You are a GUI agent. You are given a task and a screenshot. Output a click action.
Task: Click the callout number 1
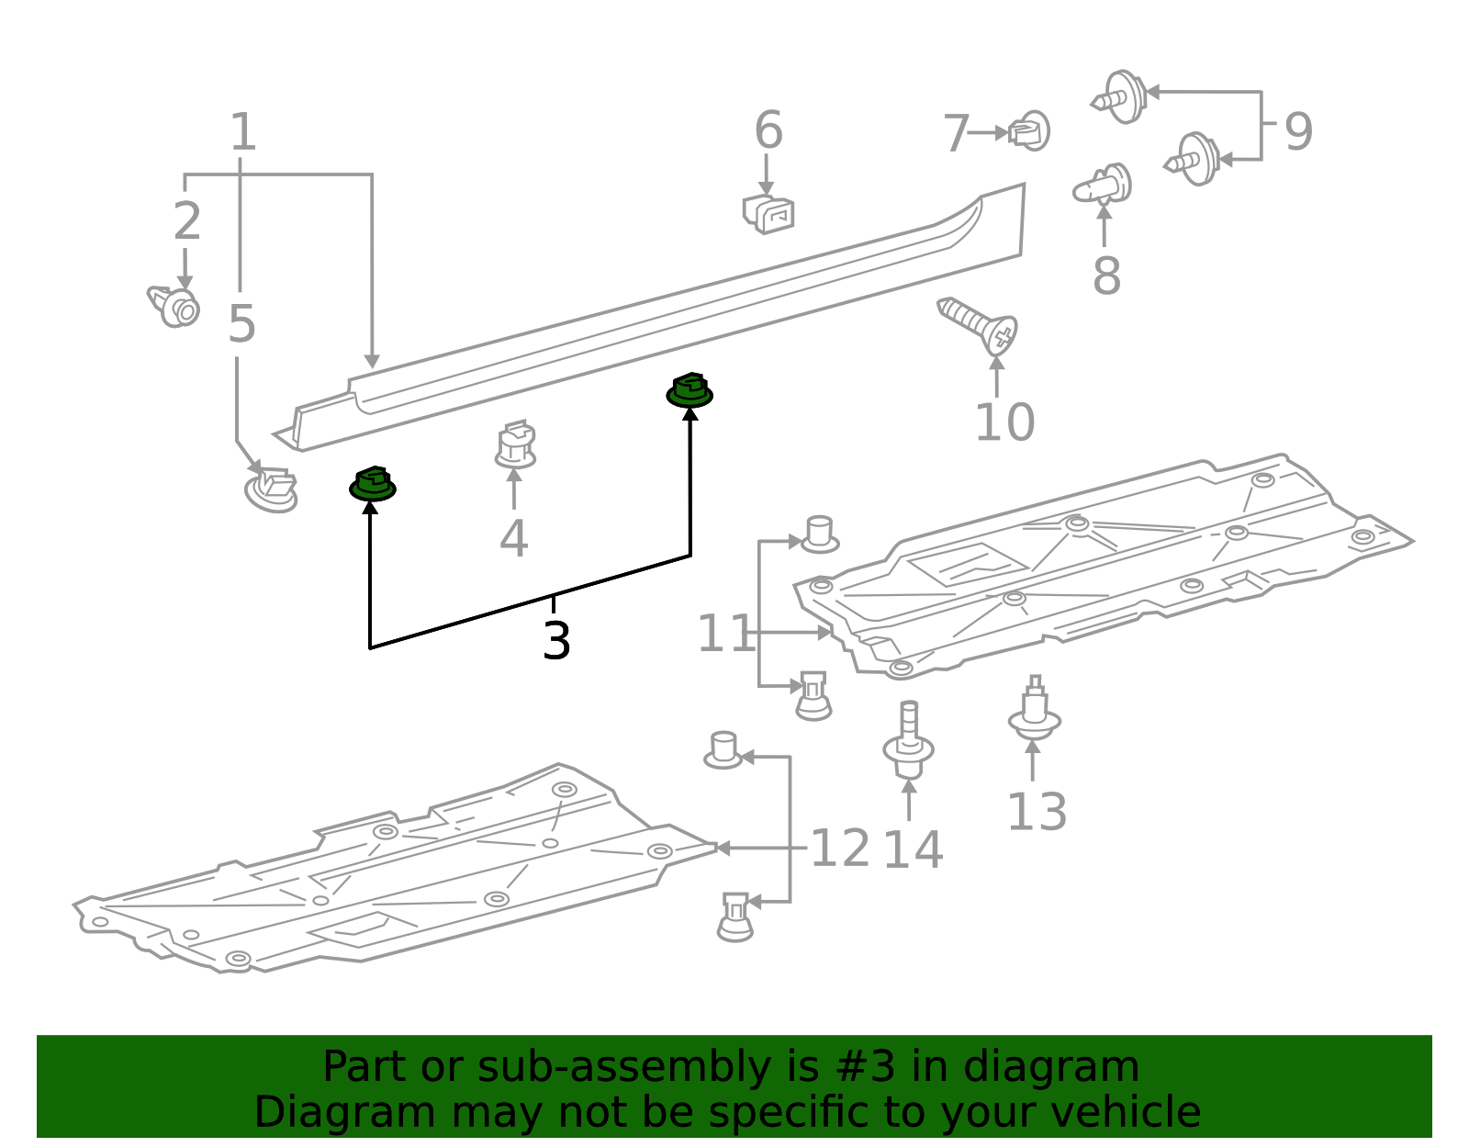[242, 132]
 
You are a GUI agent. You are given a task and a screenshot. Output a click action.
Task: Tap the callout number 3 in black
[556, 640]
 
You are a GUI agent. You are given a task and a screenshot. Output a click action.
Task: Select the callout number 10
[1004, 422]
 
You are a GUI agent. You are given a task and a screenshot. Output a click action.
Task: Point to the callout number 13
[1037, 812]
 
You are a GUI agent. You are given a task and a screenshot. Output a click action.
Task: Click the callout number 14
[912, 849]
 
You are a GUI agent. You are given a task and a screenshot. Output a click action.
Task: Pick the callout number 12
[839, 848]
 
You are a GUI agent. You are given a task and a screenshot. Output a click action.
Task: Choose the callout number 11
[724, 634]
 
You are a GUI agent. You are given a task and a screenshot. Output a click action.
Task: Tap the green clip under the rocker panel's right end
[690, 390]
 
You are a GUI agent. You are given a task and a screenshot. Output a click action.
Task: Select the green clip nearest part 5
[372, 484]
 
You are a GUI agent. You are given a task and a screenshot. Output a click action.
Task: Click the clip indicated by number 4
[516, 445]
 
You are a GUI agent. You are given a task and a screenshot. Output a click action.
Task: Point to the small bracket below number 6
[768, 213]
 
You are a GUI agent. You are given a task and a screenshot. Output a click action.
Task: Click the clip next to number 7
[1030, 131]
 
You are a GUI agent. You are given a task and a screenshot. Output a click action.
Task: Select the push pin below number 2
[175, 306]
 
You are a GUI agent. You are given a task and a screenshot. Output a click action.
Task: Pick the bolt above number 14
[909, 740]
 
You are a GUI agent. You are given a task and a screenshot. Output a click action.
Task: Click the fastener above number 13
[1035, 711]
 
